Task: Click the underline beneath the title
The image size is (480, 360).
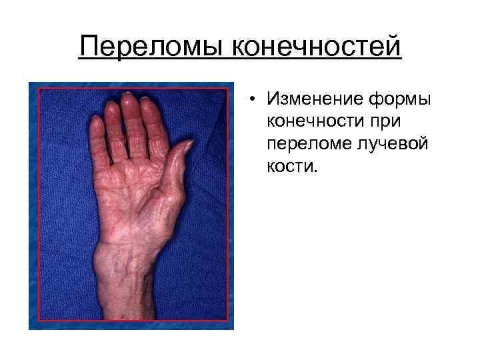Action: (240, 60)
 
